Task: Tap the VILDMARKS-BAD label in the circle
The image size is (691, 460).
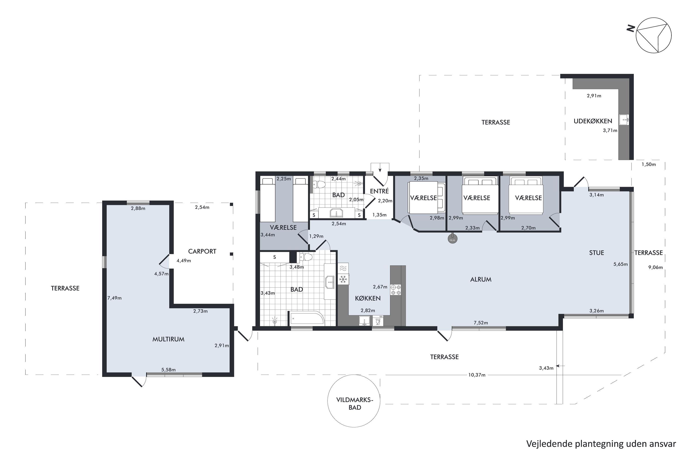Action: click(355, 404)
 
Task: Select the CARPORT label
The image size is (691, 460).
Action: click(202, 251)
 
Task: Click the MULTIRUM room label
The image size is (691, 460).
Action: click(168, 339)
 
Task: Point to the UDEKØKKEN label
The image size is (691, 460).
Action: click(593, 121)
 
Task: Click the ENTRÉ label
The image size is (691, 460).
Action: click(379, 191)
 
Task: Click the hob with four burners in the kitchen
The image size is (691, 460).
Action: click(395, 290)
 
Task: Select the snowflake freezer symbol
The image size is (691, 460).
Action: click(343, 279)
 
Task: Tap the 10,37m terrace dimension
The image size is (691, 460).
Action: click(477, 375)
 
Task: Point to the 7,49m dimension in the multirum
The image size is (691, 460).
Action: click(114, 298)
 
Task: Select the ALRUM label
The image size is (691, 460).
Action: click(481, 279)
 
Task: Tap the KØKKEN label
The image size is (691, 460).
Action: click(368, 298)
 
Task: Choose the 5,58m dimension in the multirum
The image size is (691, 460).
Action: click(168, 370)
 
